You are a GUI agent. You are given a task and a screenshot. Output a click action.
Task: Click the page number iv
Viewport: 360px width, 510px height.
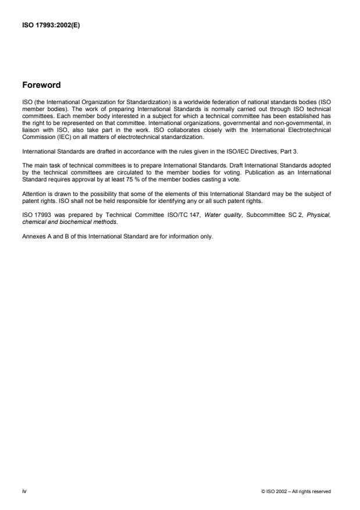(24, 491)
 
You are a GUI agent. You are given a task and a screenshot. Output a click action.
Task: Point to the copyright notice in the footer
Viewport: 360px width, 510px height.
(297, 492)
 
